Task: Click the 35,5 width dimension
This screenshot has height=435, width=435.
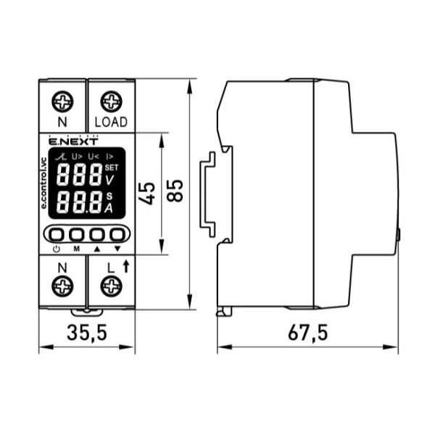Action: pos(87,333)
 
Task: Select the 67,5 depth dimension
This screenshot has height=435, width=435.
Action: pos(307,333)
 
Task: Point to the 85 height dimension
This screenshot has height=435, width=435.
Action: pos(175,191)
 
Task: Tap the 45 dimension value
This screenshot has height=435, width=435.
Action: pos(146,194)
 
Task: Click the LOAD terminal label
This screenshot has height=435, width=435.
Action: pos(111,122)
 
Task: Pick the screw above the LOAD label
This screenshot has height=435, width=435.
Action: pos(111,101)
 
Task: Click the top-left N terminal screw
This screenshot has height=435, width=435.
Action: pos(62,101)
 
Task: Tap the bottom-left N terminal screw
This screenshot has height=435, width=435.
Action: pos(62,286)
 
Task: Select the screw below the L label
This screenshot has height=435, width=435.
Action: pos(111,286)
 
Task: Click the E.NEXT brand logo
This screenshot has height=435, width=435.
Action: pos(73,141)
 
